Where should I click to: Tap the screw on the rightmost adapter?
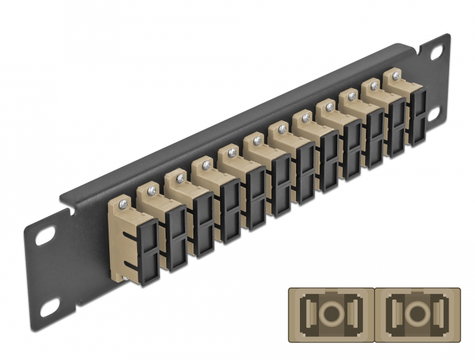click(x=395, y=75)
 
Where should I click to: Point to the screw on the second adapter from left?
click(x=150, y=189)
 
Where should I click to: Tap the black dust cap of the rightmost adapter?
click(x=417, y=117)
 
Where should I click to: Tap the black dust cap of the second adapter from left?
click(x=175, y=230)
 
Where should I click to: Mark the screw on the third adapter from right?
click(x=351, y=96)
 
